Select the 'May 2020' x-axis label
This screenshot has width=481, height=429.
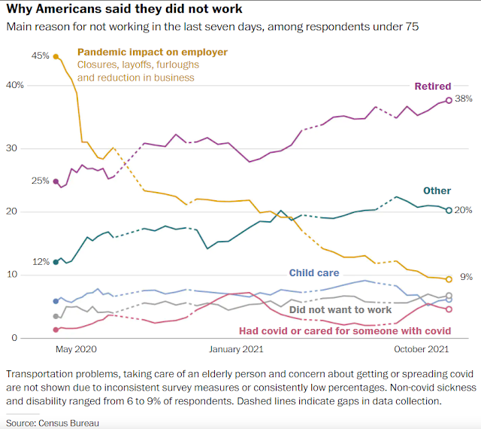77,349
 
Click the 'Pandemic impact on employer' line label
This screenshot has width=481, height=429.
153,53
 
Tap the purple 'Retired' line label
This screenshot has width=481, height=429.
432,87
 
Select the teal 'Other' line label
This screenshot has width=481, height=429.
437,191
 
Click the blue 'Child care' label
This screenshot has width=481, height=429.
314,273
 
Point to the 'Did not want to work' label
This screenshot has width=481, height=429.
340,309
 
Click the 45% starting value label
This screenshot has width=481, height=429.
40,56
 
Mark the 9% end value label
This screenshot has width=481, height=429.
466,277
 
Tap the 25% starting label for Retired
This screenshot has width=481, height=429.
40,181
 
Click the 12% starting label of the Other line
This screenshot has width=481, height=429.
40,262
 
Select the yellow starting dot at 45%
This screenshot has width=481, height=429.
56,56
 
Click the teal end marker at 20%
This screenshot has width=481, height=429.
449,210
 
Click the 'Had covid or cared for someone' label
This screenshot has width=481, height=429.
345,330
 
